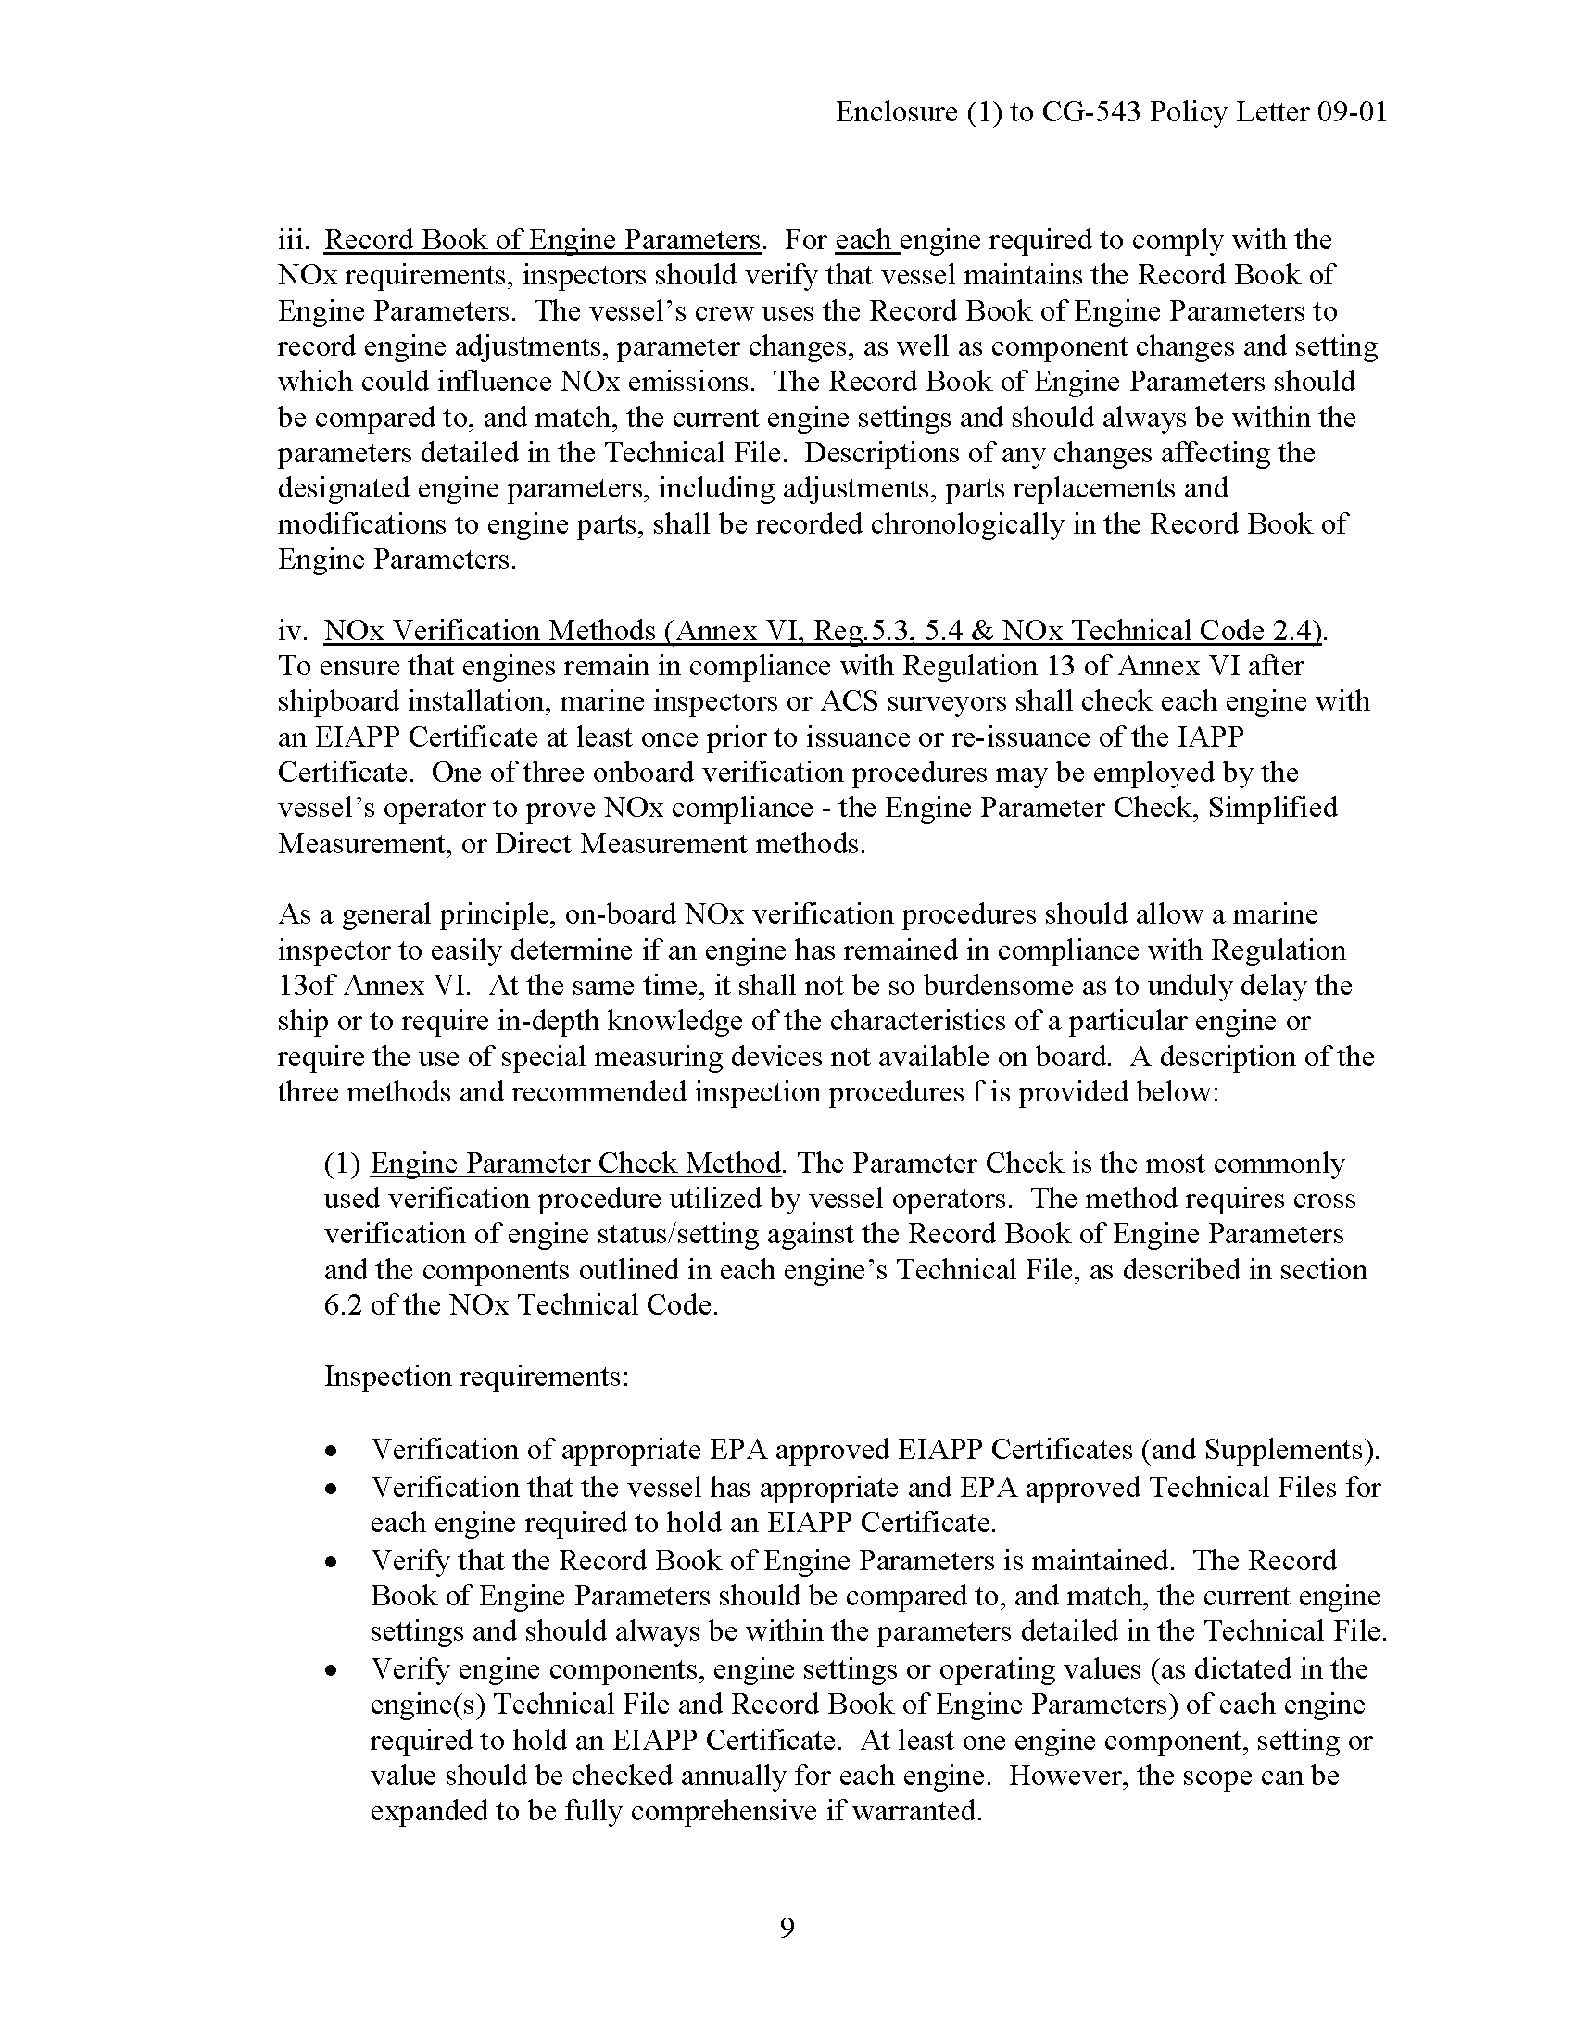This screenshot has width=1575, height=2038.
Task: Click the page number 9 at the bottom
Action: point(787,1927)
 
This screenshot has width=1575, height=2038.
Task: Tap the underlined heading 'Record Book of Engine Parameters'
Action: point(543,240)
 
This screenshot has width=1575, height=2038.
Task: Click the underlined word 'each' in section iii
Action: point(864,240)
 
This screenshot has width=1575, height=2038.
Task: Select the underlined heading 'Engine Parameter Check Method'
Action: point(575,1164)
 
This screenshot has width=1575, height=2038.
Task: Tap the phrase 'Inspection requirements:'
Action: point(476,1377)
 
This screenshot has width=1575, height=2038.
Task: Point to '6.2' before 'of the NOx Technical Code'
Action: point(343,1304)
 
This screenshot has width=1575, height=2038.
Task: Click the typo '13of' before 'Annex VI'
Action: point(306,986)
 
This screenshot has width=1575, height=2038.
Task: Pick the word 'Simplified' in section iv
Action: point(1273,807)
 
